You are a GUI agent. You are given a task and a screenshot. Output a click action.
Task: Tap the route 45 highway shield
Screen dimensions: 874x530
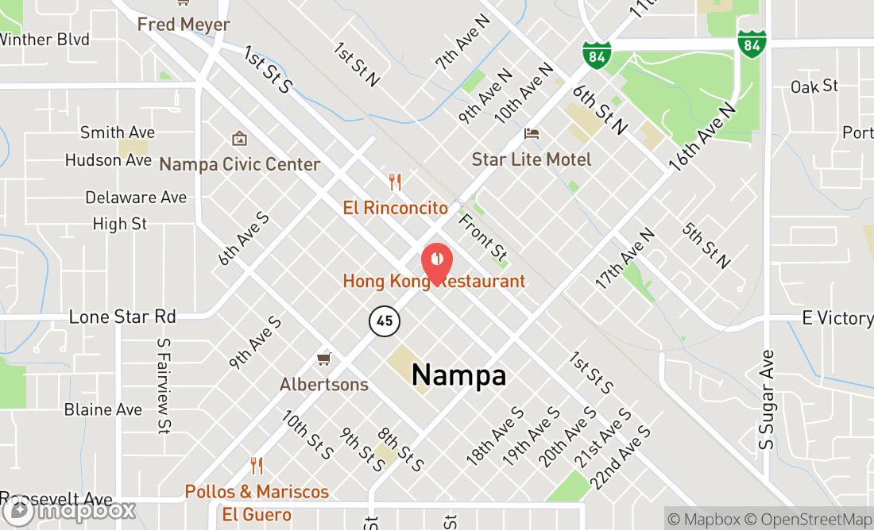click(385, 321)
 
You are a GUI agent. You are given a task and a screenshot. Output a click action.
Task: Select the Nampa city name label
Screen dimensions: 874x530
click(458, 374)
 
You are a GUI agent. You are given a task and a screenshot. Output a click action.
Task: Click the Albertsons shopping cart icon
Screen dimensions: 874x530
click(323, 359)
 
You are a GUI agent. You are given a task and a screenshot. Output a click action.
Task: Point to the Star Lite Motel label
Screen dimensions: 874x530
click(532, 159)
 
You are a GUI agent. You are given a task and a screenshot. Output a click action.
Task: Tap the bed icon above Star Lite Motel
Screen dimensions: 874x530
click(532, 133)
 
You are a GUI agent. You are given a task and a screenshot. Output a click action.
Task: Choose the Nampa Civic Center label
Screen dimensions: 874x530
click(240, 164)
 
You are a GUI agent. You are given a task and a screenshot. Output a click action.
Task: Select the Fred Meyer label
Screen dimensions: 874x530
click(184, 25)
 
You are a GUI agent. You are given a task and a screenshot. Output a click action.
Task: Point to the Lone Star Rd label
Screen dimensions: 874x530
click(122, 317)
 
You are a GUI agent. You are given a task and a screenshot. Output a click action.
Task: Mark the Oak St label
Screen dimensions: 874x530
click(814, 86)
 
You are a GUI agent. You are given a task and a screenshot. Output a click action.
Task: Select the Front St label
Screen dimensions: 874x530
click(483, 236)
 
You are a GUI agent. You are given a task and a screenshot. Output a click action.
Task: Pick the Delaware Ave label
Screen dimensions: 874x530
click(136, 197)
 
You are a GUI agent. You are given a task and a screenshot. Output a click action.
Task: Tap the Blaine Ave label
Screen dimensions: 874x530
click(103, 409)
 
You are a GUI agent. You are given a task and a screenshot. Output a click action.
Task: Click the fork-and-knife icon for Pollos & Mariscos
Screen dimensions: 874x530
click(256, 466)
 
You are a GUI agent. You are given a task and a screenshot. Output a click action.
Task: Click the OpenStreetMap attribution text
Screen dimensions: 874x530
click(815, 520)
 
